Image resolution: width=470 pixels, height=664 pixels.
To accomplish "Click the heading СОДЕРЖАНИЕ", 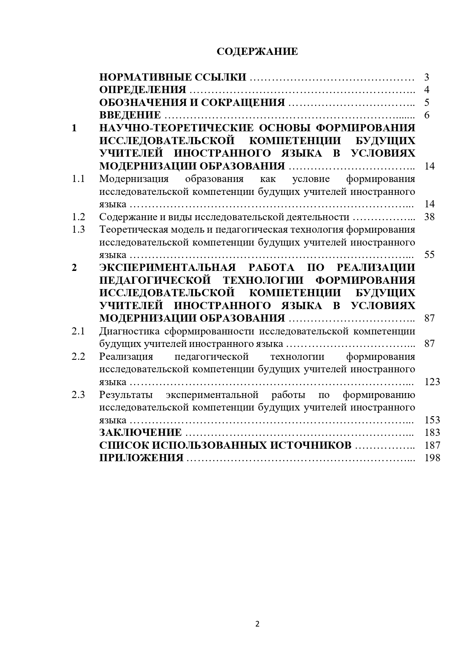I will pyautogui.click(x=257, y=52).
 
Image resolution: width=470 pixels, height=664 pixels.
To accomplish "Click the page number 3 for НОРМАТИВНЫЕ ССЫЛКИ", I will pyautogui.click(x=427, y=78).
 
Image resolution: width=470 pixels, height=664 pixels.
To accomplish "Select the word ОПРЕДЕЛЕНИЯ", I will pyautogui.click(x=143, y=90).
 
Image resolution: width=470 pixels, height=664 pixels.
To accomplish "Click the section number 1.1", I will pyautogui.click(x=78, y=179).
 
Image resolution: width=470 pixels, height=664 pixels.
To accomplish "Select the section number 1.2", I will pyautogui.click(x=78, y=217).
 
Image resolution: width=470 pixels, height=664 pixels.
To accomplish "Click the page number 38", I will pyautogui.click(x=429, y=217).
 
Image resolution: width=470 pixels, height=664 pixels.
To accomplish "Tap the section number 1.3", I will pyautogui.click(x=78, y=230).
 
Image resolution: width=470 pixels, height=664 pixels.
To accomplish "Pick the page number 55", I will pyautogui.click(x=429, y=255).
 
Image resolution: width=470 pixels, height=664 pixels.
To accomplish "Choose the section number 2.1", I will pyautogui.click(x=78, y=331).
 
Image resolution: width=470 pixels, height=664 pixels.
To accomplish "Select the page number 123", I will pyautogui.click(x=432, y=382).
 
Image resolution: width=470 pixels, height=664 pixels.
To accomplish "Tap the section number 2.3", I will pyautogui.click(x=78, y=395).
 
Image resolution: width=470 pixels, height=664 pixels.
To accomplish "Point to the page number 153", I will pyautogui.click(x=432, y=420).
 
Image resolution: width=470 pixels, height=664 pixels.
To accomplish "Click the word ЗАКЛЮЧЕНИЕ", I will pyautogui.click(x=140, y=433).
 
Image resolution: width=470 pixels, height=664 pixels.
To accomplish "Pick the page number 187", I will pyautogui.click(x=432, y=445).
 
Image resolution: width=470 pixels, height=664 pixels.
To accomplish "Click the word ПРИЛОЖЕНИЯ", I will pyautogui.click(x=141, y=458).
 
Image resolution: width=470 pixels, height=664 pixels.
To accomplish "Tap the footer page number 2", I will pyautogui.click(x=258, y=624).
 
